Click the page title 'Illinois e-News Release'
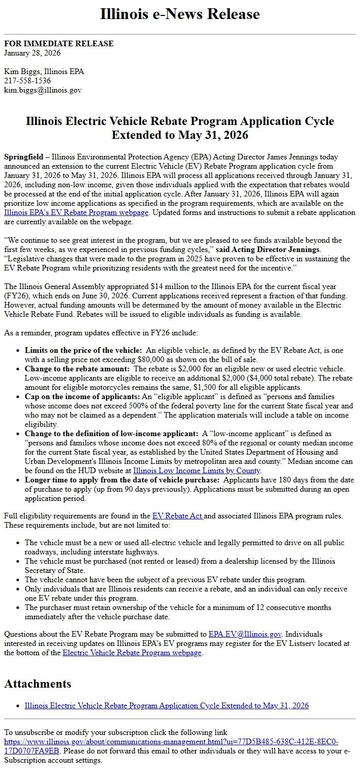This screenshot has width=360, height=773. (179, 14)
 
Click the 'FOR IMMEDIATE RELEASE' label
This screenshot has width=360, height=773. (59, 44)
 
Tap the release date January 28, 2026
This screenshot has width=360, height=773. (32, 52)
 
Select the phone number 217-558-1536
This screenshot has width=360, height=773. (27, 81)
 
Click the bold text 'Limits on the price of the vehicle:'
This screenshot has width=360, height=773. (83, 350)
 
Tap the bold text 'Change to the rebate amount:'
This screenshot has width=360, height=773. (77, 369)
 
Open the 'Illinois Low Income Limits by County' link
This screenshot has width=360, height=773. (197, 471)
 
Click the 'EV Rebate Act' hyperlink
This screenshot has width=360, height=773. (177, 516)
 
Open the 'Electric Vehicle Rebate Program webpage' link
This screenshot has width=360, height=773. (132, 653)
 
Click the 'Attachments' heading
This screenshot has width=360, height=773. (38, 684)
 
